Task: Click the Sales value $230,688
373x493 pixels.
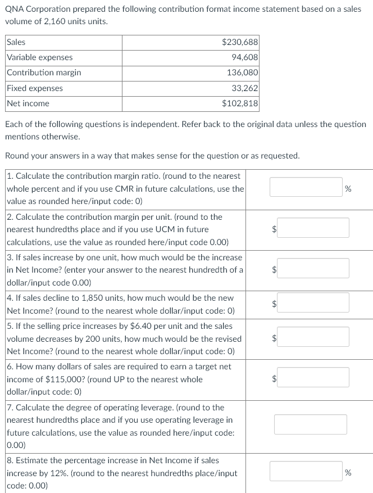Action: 240,42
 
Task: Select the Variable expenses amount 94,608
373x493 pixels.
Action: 244,57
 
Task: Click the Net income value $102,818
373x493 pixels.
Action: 240,103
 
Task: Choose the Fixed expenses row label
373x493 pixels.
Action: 35,88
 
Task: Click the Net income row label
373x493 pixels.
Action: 28,103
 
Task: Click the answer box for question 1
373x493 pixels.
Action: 306,187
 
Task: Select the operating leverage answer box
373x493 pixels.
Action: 311,424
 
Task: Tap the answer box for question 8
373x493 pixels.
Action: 306,471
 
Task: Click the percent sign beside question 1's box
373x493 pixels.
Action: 348,188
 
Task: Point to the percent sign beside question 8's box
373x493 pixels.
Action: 348,472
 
